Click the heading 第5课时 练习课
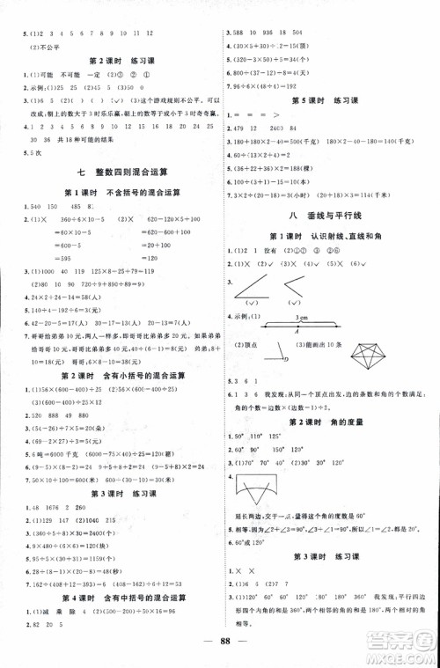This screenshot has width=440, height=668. point(330,100)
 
